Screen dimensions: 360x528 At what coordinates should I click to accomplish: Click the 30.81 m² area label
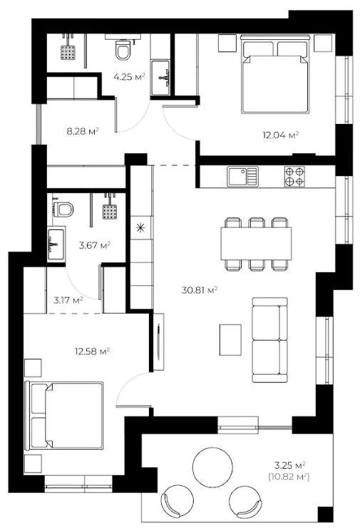199,290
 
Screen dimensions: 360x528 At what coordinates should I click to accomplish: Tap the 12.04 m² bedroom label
281,135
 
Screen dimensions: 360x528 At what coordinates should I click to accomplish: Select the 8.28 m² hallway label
83,131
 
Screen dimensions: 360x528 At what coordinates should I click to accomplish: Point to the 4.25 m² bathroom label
129,77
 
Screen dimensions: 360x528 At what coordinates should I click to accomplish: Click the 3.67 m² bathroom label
95,245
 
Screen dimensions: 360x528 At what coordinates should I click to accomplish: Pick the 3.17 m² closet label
68,300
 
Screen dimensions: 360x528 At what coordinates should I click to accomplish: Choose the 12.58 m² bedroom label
92,352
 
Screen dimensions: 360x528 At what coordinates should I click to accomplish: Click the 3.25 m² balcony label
289,466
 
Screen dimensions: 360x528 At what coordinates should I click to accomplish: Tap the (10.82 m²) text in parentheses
289,477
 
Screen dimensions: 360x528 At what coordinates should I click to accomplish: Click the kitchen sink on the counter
242,177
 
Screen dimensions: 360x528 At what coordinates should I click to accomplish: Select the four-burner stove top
294,177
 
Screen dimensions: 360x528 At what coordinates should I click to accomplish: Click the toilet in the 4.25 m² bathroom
123,49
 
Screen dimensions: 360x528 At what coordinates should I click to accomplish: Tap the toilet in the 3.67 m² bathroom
63,209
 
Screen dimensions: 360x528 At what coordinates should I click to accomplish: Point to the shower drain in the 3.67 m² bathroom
110,212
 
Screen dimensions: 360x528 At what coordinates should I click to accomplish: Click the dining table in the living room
256,243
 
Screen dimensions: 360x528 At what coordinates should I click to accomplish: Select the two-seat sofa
269,340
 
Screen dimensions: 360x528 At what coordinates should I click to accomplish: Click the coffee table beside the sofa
230,340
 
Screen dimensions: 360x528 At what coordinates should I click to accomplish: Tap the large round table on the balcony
212,467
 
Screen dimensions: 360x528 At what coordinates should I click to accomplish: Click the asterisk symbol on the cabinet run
140,228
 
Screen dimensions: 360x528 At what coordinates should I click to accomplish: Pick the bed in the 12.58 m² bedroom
64,416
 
